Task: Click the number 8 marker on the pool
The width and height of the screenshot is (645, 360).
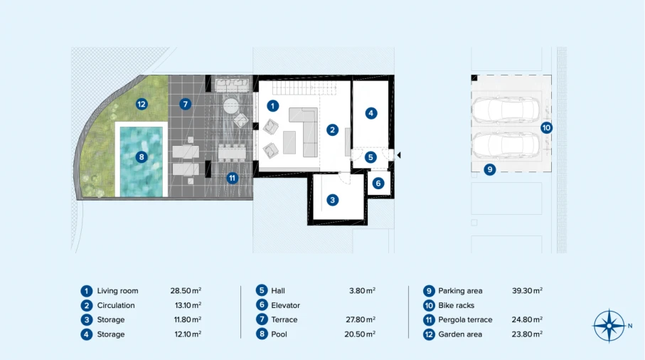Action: [x=142, y=157]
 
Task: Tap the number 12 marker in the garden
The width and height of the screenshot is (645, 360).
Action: [x=142, y=104]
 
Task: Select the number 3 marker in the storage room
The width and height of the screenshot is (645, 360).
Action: [x=332, y=200]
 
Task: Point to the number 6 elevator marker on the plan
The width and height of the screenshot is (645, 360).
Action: [x=378, y=183]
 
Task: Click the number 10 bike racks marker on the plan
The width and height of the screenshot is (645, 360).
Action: [x=546, y=127]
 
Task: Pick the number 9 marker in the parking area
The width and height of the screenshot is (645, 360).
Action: [x=489, y=169]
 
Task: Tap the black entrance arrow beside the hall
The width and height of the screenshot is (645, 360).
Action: [x=399, y=155]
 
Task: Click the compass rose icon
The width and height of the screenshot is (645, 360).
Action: [x=609, y=326]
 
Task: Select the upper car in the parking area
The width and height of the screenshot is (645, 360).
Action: [x=506, y=110]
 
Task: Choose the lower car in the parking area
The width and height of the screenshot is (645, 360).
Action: [x=506, y=145]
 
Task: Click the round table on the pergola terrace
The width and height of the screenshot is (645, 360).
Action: [x=231, y=106]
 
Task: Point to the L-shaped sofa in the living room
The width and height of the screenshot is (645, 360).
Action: [x=304, y=132]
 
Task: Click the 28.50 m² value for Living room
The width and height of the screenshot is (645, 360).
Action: [x=186, y=291]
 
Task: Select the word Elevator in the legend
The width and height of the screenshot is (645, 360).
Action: [x=285, y=305]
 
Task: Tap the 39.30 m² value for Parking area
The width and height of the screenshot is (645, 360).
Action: [x=527, y=291]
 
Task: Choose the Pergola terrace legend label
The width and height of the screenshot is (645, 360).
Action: [x=465, y=319]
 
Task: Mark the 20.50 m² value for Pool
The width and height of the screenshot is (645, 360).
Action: [x=360, y=334]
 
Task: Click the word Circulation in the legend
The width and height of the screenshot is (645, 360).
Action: [x=116, y=305]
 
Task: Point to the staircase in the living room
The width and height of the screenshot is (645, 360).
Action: [x=304, y=88]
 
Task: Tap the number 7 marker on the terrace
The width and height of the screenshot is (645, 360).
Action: [x=185, y=104]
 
